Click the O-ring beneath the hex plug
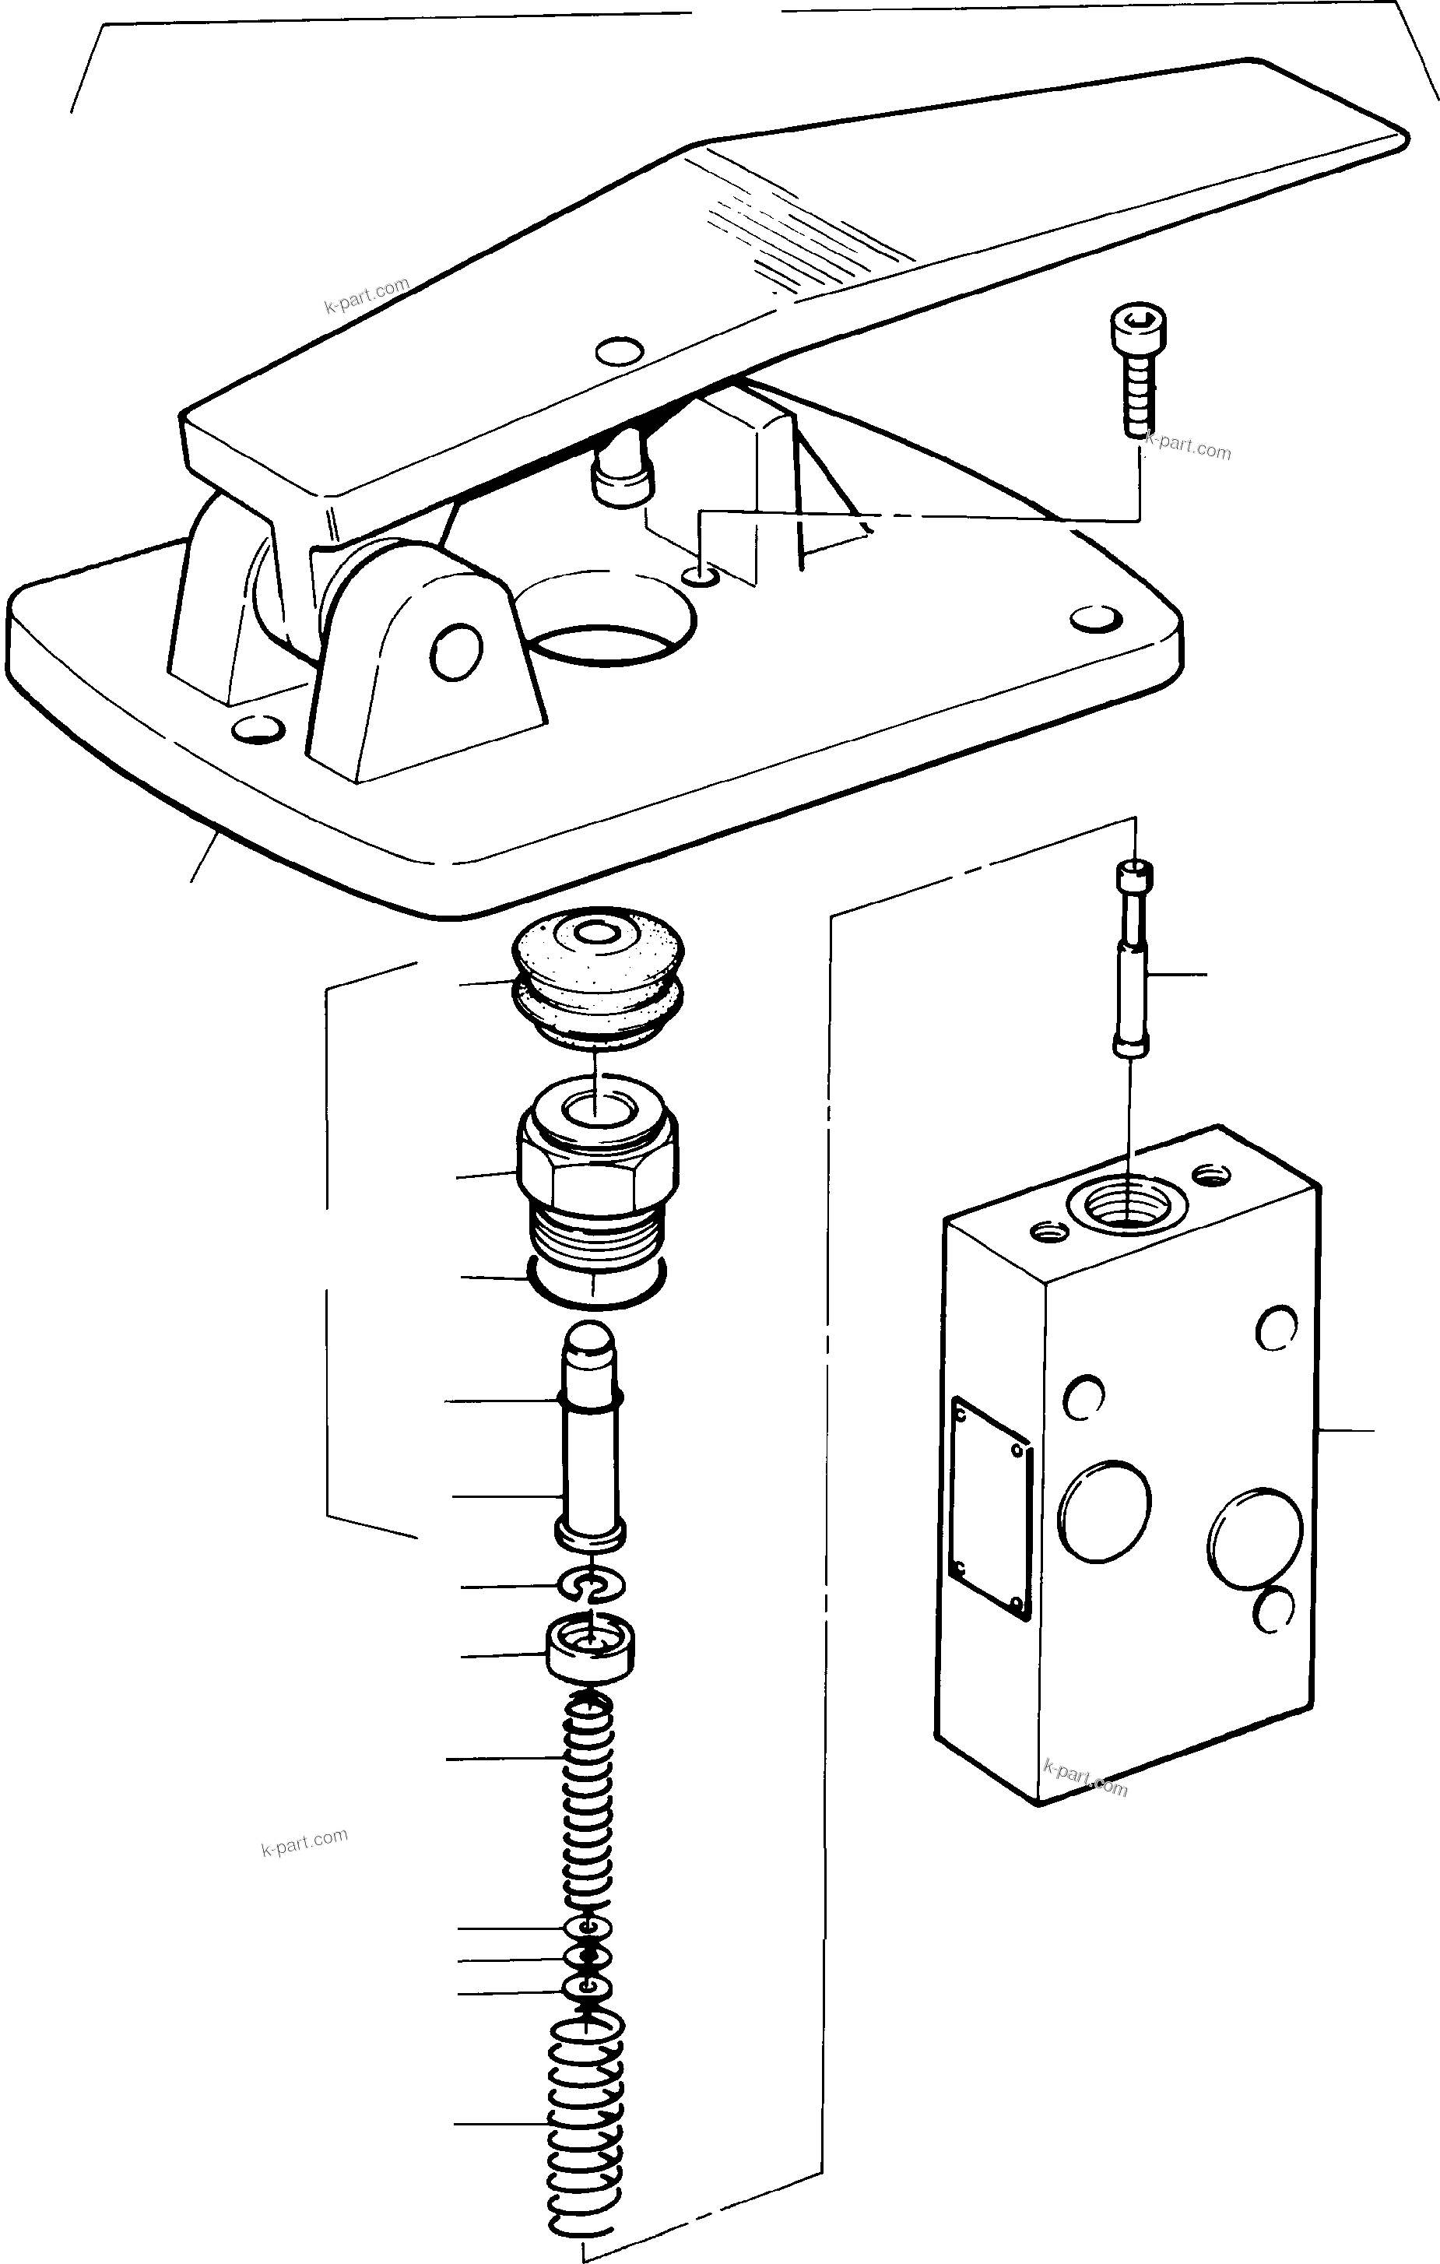point(598,1293)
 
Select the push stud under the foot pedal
point(620,475)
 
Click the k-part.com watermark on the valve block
point(1085,1776)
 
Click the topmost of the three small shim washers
point(588,1928)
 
